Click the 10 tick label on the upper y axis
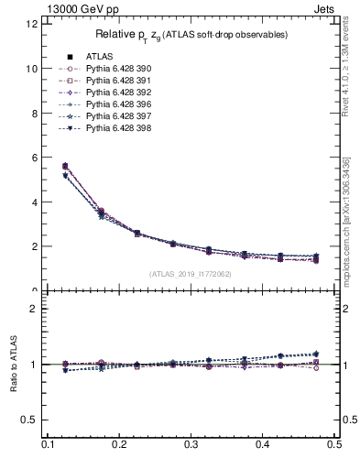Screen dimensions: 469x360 [x=32, y=69]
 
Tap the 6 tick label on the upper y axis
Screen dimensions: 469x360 [x=35, y=158]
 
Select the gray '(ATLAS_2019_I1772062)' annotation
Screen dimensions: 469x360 [x=191, y=274]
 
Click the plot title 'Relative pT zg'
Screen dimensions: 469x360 [x=191, y=35]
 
